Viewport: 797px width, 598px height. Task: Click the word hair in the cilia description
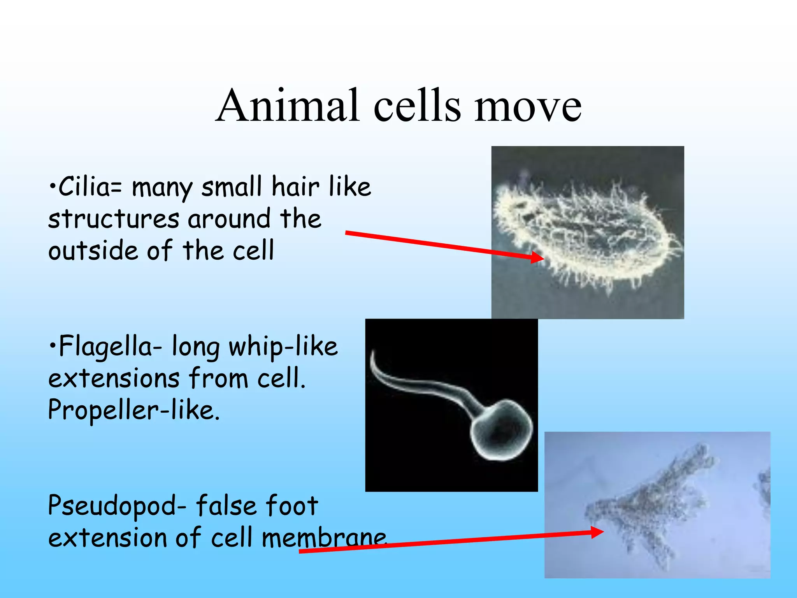(x=295, y=187)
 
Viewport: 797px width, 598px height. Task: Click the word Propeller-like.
(x=134, y=410)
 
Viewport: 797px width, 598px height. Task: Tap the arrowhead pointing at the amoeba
(x=597, y=532)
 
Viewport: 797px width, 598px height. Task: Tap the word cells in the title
(x=417, y=106)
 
